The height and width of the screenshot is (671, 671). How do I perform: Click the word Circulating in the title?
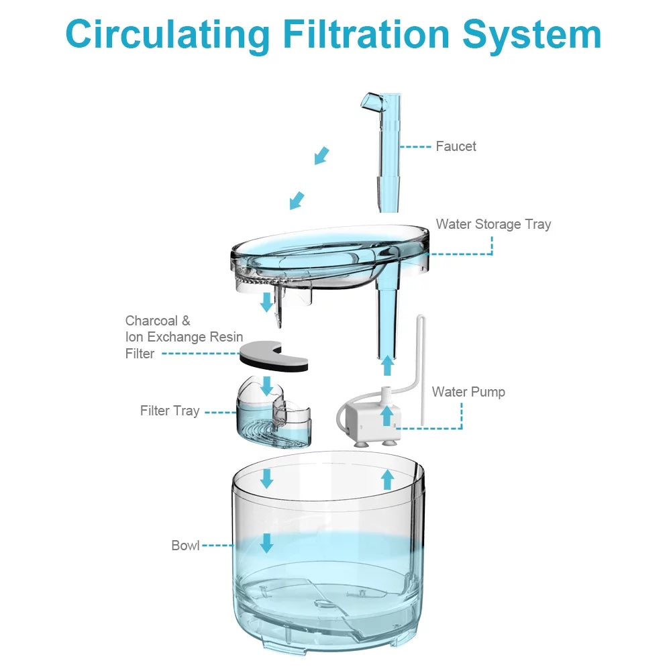pos(167,35)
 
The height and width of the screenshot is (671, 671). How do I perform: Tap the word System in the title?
pos(532,35)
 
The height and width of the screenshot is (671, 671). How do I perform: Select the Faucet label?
pos(456,146)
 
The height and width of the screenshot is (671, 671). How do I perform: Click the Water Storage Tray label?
pos(493,224)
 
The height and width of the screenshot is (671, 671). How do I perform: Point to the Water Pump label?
pos(468,392)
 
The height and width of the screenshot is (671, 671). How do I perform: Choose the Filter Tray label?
pos(170,411)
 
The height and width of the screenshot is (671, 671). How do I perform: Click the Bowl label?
pos(185,546)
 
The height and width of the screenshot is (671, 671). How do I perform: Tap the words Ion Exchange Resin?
pos(184,338)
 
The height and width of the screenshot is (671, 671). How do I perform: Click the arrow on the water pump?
pos(387,415)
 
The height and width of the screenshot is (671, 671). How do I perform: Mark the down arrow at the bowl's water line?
pos(266,543)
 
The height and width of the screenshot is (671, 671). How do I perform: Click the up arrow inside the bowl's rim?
pos(388,479)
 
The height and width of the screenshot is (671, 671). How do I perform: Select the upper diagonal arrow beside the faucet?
pos(322,156)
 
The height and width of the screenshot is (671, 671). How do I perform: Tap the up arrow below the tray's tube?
pos(388,366)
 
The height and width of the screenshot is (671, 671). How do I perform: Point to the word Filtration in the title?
pos(366,34)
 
